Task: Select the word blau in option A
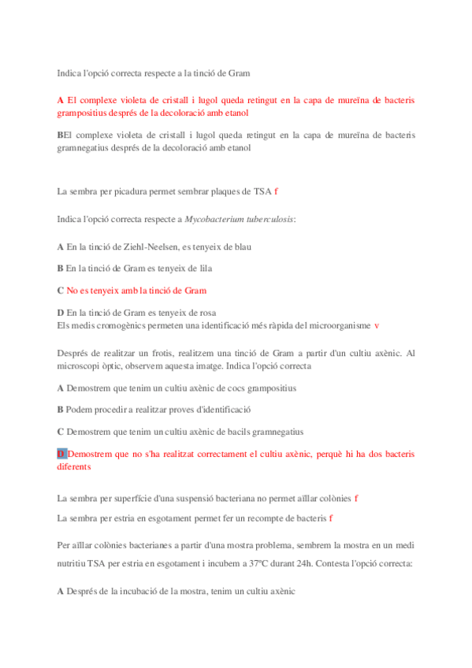241,247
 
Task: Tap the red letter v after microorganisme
377,325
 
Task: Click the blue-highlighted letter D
61,455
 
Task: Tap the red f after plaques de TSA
276,191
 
